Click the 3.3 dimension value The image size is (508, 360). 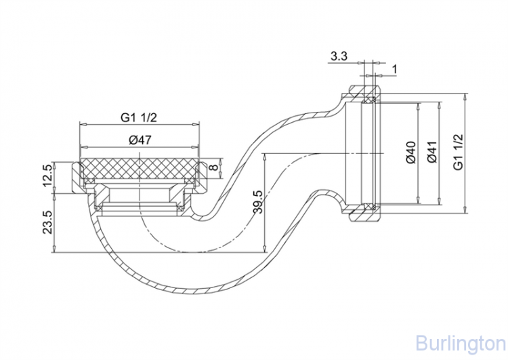pyautogui.click(x=339, y=58)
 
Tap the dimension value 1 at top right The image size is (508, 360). pyautogui.click(x=394, y=69)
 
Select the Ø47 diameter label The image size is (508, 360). pyautogui.click(x=139, y=140)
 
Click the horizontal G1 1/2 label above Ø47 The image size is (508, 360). pyautogui.click(x=140, y=117)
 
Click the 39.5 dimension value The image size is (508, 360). pyautogui.click(x=256, y=201)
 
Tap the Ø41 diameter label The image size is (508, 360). pyautogui.click(x=431, y=153)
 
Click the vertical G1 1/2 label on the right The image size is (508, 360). pyautogui.click(x=459, y=153)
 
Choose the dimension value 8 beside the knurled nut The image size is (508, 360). pyautogui.click(x=213, y=167)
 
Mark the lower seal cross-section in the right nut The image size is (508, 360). pyautogui.click(x=369, y=205)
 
